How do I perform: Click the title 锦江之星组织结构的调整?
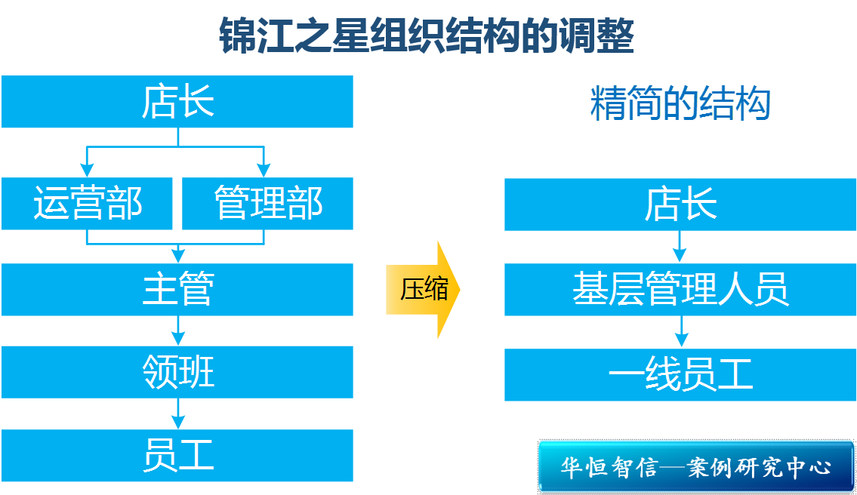point(427,35)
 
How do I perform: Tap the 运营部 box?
point(87,204)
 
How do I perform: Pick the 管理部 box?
point(268,204)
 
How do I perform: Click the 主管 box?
point(177,289)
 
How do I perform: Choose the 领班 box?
point(177,372)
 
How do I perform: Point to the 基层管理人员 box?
point(680,289)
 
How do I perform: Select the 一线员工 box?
point(680,374)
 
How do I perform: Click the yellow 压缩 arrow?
point(423,289)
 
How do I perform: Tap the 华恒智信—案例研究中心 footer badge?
point(695,466)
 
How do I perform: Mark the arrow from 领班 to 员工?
point(177,414)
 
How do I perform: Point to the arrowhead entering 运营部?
point(87,169)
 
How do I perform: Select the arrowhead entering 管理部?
point(264,169)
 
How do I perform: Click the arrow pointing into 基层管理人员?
point(681,247)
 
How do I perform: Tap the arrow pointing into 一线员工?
point(681,332)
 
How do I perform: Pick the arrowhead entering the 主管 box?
point(177,254)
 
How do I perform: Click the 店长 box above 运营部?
point(177,102)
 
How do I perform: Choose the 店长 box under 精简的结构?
point(680,204)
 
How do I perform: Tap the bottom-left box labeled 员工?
point(177,456)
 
